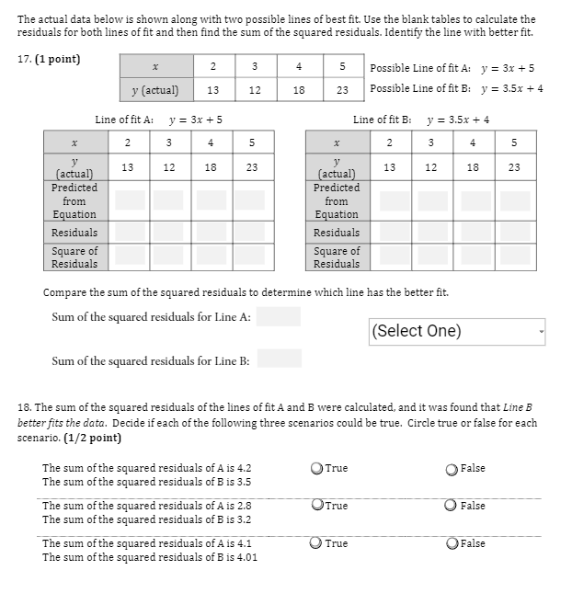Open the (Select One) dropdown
pos(457,331)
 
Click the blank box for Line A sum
pos(278,317)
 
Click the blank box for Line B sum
pos(279,359)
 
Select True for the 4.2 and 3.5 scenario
pos(317,469)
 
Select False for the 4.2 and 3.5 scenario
pos(451,469)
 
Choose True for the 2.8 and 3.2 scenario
pos(317,506)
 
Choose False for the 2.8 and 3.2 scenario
pos(451,506)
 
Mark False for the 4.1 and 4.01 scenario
pos(451,543)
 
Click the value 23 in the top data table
pos(342,90)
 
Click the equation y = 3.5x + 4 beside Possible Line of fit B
pos(512,89)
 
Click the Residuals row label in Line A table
pos(74,233)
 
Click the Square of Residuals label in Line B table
pos(337,257)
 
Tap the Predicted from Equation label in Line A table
pos(74,200)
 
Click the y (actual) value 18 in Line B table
pos(473,167)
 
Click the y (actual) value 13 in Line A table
pos(128,167)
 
